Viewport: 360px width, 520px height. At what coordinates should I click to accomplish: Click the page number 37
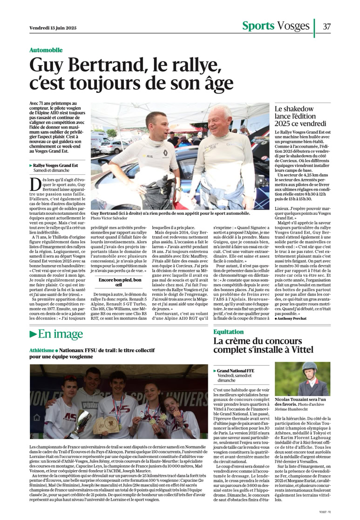[327, 26]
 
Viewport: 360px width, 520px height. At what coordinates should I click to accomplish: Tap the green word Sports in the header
[257, 26]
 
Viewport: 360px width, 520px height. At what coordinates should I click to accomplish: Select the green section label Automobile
[46, 50]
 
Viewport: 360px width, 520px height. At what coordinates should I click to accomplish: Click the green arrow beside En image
[33, 334]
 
